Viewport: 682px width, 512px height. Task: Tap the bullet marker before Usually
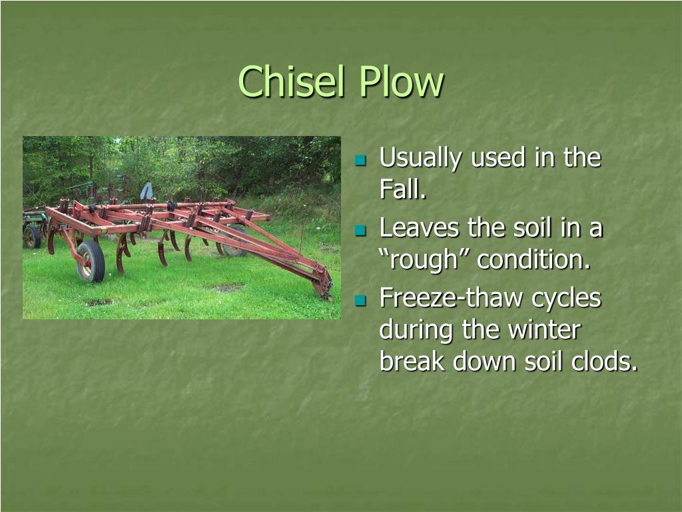point(360,160)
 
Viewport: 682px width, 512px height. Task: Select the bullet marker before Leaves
point(360,230)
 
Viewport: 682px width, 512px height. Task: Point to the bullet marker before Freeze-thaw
point(360,301)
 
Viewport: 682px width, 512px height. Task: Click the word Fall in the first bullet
point(402,189)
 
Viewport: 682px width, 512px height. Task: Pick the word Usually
point(420,158)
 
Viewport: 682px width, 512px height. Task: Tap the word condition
point(533,259)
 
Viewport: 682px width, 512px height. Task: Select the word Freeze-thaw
point(452,298)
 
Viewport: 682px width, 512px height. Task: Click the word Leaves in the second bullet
point(419,228)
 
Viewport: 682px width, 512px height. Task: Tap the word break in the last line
point(412,361)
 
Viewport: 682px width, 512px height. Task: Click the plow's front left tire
point(91,261)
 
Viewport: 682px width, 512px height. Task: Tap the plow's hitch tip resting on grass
point(324,287)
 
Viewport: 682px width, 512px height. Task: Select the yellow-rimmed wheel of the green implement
point(32,237)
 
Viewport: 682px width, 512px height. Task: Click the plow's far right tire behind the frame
point(235,241)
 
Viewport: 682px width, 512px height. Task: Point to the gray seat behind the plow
point(147,191)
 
